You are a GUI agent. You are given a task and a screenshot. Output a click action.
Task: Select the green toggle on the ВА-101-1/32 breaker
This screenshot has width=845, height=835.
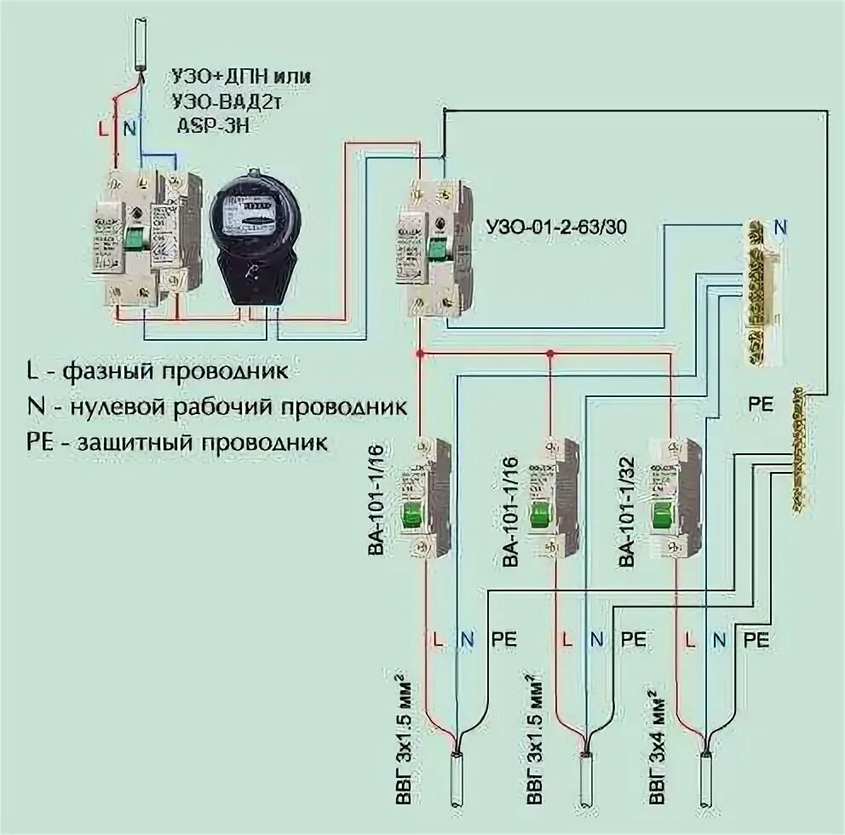[x=663, y=515]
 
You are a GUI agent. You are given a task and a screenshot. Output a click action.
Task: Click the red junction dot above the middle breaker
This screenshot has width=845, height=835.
[x=550, y=353]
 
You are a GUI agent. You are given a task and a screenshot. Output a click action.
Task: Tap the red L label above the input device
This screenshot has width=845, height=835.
[x=103, y=130]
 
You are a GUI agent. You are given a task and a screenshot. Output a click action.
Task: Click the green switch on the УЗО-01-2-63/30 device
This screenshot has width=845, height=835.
[x=439, y=248]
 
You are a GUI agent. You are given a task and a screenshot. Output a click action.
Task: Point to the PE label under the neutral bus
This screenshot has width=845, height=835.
[x=762, y=404]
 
